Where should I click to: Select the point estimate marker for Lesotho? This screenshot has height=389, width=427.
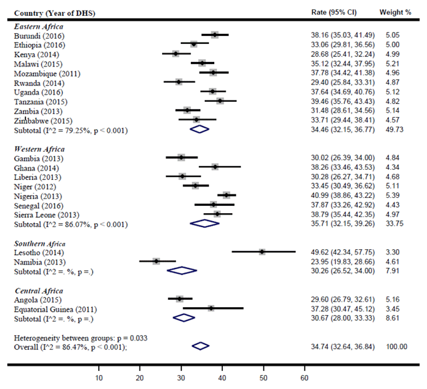tap(262, 252)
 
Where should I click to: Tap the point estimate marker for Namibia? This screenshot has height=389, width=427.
tap(156, 261)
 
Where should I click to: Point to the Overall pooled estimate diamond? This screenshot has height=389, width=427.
tap(200, 346)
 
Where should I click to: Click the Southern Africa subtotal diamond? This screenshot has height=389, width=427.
tap(181, 270)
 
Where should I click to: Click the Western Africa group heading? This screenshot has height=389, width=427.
tap(39, 148)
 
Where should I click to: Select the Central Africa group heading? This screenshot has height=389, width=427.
tap(38, 290)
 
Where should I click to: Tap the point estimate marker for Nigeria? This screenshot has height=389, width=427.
tap(227, 195)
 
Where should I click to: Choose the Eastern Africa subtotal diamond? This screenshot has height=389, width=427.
tap(199, 129)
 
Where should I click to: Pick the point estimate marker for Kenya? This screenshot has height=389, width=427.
tap(175, 53)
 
